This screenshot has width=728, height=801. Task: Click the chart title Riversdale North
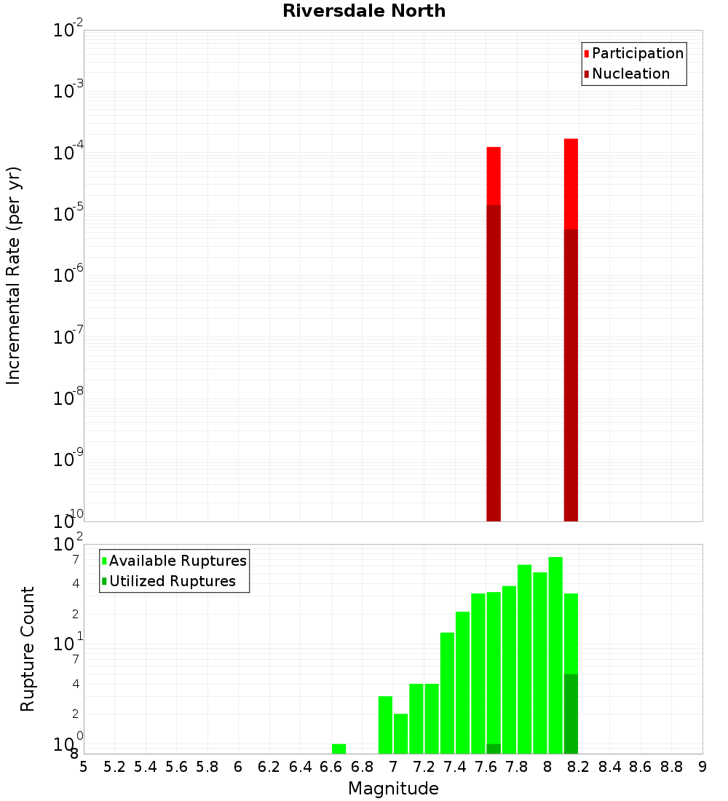(x=364, y=11)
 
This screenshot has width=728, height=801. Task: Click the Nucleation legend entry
(x=630, y=74)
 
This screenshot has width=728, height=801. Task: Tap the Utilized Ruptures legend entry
(x=172, y=582)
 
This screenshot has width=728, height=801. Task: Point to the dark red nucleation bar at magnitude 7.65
(x=494, y=364)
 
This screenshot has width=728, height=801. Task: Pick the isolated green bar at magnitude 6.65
(x=339, y=749)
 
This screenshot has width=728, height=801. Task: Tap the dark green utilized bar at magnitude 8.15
(x=571, y=714)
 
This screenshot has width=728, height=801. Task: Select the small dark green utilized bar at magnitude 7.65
(x=494, y=749)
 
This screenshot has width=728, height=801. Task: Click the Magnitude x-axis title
(x=393, y=789)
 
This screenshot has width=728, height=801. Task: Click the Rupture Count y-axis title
(x=28, y=649)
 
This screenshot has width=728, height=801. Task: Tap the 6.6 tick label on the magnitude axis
(x=332, y=767)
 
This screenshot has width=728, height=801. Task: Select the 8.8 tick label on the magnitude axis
(x=671, y=767)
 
